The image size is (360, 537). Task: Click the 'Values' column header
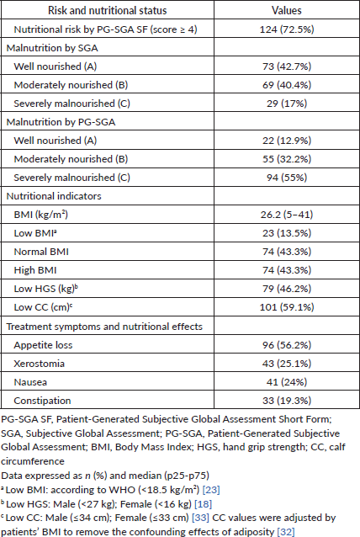pyautogui.click(x=287, y=10)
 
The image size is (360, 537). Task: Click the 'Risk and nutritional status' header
pyautogui.click(x=107, y=10)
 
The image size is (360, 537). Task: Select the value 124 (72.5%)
pyautogui.click(x=287, y=29)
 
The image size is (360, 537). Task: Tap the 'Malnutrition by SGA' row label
pyautogui.click(x=52, y=48)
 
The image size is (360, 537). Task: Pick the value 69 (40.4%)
pyautogui.click(x=287, y=85)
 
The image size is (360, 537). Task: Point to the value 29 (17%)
pyautogui.click(x=287, y=104)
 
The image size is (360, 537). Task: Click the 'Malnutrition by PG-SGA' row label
pyautogui.click(x=61, y=122)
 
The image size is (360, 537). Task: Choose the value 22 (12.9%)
pyautogui.click(x=287, y=141)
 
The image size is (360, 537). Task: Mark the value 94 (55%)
pyautogui.click(x=287, y=178)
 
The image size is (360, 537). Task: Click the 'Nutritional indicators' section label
pyautogui.click(x=54, y=196)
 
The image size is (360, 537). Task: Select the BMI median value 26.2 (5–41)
pyautogui.click(x=287, y=215)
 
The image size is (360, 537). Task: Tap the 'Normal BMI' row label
pyautogui.click(x=41, y=252)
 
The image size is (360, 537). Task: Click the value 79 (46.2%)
pyautogui.click(x=287, y=289)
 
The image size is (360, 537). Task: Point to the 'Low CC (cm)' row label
pyautogui.click(x=43, y=307)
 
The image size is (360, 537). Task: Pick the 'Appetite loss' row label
pyautogui.click(x=43, y=345)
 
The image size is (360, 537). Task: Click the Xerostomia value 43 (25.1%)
pyautogui.click(x=287, y=364)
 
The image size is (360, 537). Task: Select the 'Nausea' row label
pyautogui.click(x=30, y=382)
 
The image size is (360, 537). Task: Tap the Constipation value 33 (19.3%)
pyautogui.click(x=287, y=401)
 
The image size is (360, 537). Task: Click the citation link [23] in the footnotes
pyautogui.click(x=211, y=490)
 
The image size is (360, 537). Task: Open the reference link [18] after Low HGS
pyautogui.click(x=203, y=504)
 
